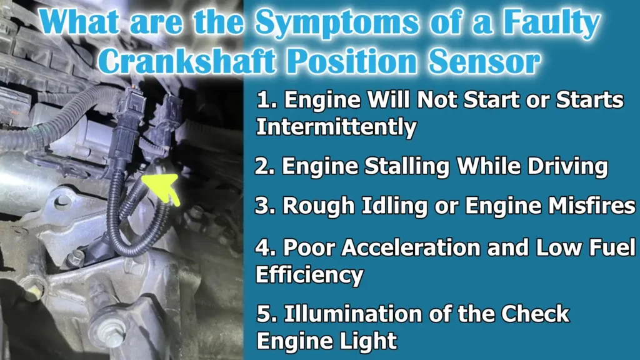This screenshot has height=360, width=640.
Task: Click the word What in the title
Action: (x=85, y=24)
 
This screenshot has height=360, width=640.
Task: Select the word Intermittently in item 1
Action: (x=336, y=127)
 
